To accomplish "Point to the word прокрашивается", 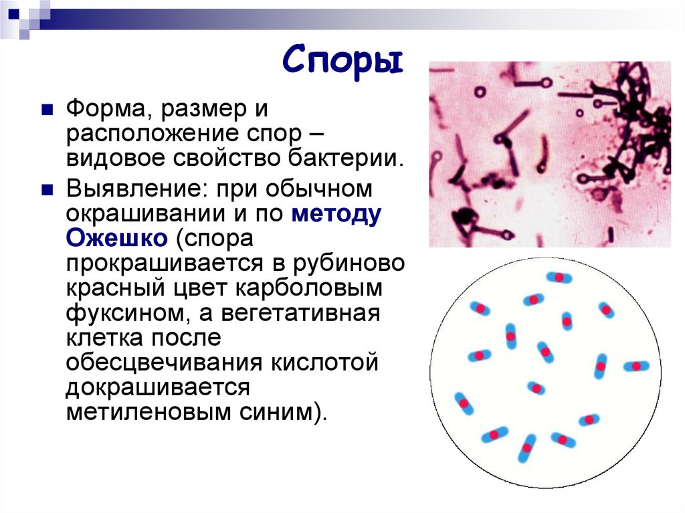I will coord(157,264).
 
